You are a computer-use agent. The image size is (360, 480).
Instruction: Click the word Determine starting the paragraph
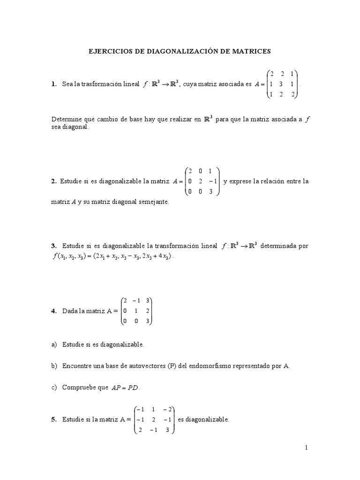(x=67, y=120)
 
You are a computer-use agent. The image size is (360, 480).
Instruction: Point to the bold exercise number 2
(x=53, y=181)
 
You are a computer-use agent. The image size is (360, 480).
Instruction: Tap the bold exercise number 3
(x=53, y=246)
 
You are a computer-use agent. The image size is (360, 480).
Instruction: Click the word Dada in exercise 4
(x=70, y=310)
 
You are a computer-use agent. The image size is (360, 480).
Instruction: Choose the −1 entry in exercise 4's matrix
(x=136, y=300)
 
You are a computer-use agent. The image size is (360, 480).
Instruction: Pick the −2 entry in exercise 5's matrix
(x=166, y=409)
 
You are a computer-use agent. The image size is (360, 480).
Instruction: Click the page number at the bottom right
(x=307, y=448)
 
